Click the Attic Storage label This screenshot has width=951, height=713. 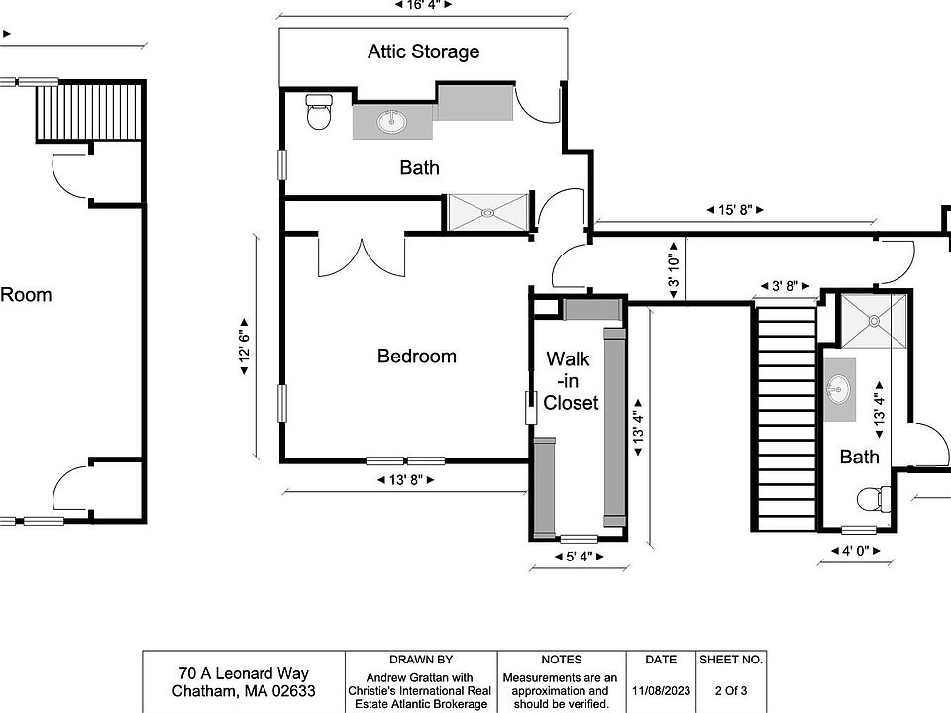click(423, 51)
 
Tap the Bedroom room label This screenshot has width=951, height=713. click(417, 356)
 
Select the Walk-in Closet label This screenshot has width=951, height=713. click(571, 380)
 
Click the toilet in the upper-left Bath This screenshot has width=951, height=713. click(319, 112)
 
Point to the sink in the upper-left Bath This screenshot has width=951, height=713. click(392, 121)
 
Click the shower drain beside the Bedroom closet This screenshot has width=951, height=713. click(487, 213)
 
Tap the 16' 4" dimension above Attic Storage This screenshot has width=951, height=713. click(423, 5)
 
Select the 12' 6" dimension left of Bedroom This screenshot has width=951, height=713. click(244, 347)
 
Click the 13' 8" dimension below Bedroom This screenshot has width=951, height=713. click(406, 480)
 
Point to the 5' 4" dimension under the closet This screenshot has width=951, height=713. click(580, 557)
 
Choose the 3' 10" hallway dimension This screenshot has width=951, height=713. click(674, 269)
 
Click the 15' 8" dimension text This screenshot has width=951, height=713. click(735, 210)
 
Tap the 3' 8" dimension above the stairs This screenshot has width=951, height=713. click(785, 285)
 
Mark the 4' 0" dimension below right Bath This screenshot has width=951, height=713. click(855, 551)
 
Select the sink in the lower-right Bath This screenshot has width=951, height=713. click(838, 387)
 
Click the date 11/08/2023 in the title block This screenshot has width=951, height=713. click(661, 690)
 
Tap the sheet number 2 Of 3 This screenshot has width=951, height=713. click(731, 690)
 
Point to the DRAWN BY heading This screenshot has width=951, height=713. click(421, 660)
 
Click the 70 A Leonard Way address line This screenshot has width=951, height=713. click(244, 673)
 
